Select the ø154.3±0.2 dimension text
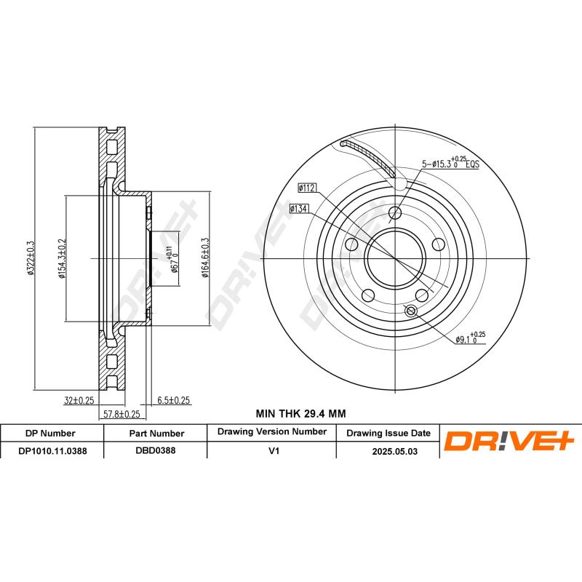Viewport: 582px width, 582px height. [x=62, y=258]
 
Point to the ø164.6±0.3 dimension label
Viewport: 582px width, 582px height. [x=206, y=258]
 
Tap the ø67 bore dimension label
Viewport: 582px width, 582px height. [x=172, y=259]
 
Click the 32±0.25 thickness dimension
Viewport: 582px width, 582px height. [x=78, y=400]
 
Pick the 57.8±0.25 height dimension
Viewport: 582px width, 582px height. [x=121, y=413]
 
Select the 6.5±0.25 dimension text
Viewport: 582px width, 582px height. [x=173, y=400]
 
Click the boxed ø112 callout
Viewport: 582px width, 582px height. [x=306, y=188]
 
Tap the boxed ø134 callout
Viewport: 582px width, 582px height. [x=299, y=209]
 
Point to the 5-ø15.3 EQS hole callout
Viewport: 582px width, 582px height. [x=450, y=164]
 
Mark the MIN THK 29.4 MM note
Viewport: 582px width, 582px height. [x=300, y=413]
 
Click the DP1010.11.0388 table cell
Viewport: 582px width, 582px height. [x=52, y=450]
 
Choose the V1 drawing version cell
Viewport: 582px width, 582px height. [x=274, y=450]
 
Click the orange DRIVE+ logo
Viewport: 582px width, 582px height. [x=510, y=441]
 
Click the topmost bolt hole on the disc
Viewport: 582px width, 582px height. [x=395, y=212]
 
